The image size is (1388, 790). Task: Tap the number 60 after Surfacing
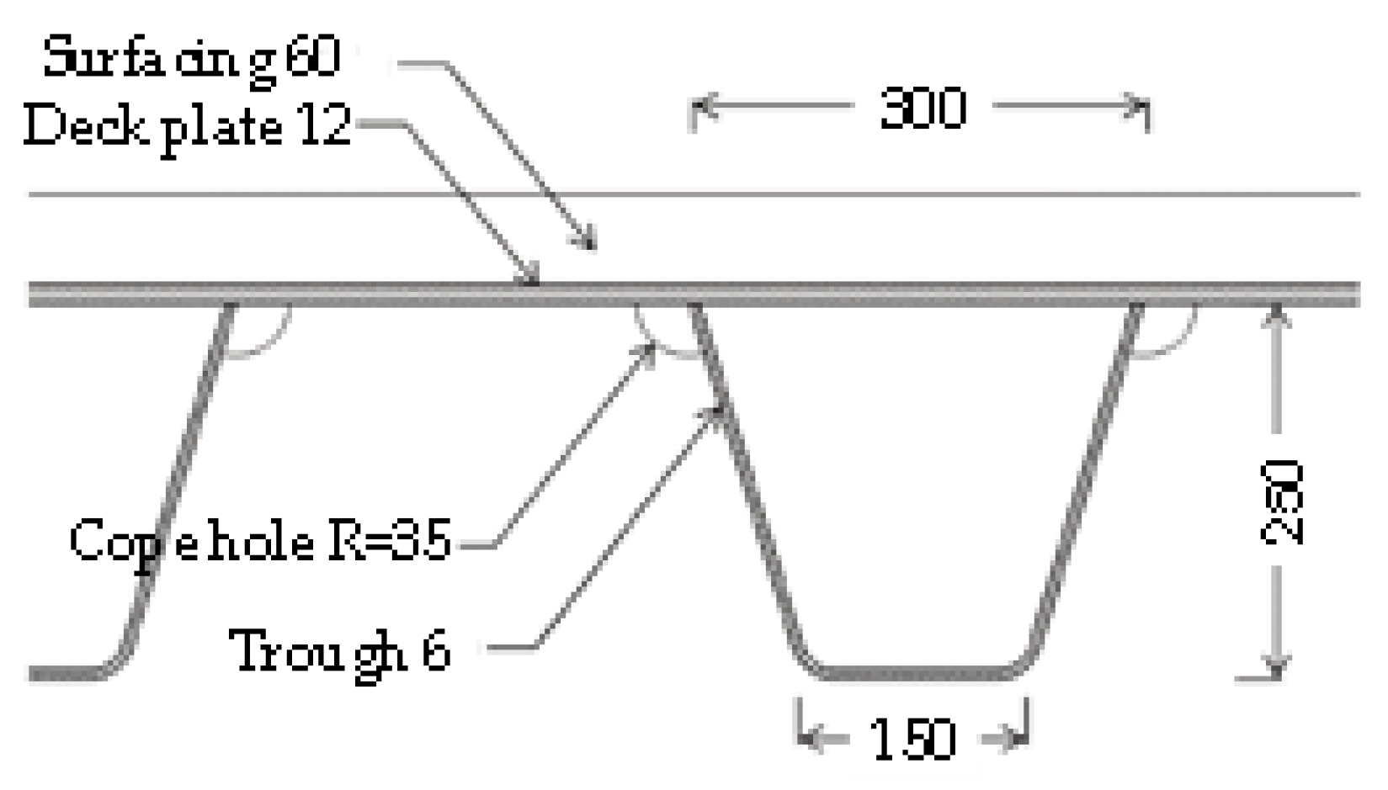tap(312, 57)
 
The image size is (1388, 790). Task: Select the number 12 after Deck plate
tap(324, 126)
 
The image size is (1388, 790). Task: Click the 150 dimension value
tap(912, 740)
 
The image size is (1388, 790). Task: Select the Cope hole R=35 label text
tap(261, 541)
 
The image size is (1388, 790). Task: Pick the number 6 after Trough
tap(435, 650)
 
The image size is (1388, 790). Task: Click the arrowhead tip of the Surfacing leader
tap(592, 246)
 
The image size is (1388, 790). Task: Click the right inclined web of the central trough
tap(1086, 480)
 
